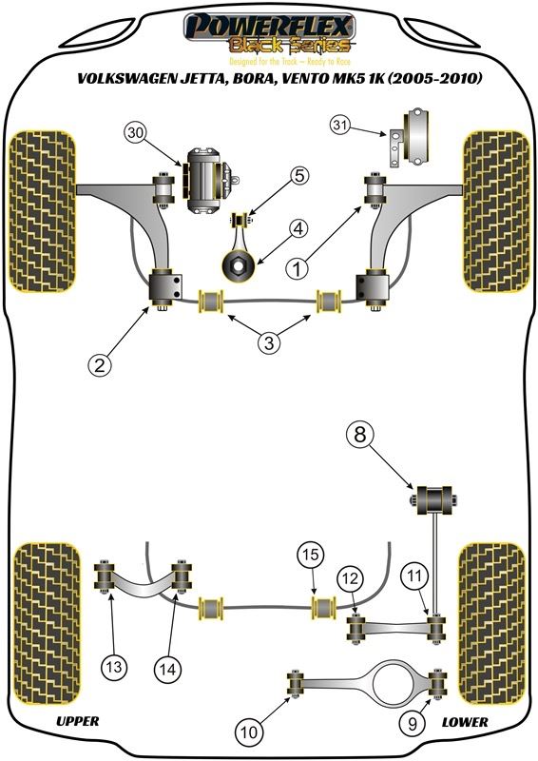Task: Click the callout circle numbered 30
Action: pyautogui.click(x=137, y=132)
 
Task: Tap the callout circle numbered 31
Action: pyautogui.click(x=340, y=126)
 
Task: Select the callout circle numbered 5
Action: pyautogui.click(x=299, y=175)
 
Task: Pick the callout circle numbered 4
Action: pyautogui.click(x=298, y=228)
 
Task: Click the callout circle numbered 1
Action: pyautogui.click(x=297, y=267)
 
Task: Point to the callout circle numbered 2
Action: pyautogui.click(x=100, y=364)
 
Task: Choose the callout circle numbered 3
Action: pyautogui.click(x=269, y=342)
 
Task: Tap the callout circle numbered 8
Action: pyautogui.click(x=360, y=434)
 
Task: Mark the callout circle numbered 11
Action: pyautogui.click(x=413, y=576)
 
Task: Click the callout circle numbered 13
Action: pyautogui.click(x=114, y=667)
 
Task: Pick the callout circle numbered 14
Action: pyautogui.click(x=167, y=670)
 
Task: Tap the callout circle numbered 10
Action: pyautogui.click(x=249, y=731)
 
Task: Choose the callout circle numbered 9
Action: pyautogui.click(x=413, y=724)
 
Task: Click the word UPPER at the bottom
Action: pyautogui.click(x=78, y=721)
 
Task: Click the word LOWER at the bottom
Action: pyautogui.click(x=465, y=722)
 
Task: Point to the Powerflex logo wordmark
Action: pyautogui.click(x=269, y=26)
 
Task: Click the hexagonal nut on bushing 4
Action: pyautogui.click(x=239, y=265)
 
